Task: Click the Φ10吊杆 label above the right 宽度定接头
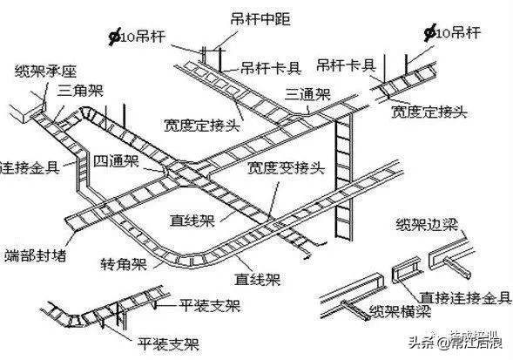coord(452,35)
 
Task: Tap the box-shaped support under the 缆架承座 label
coord(28,109)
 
